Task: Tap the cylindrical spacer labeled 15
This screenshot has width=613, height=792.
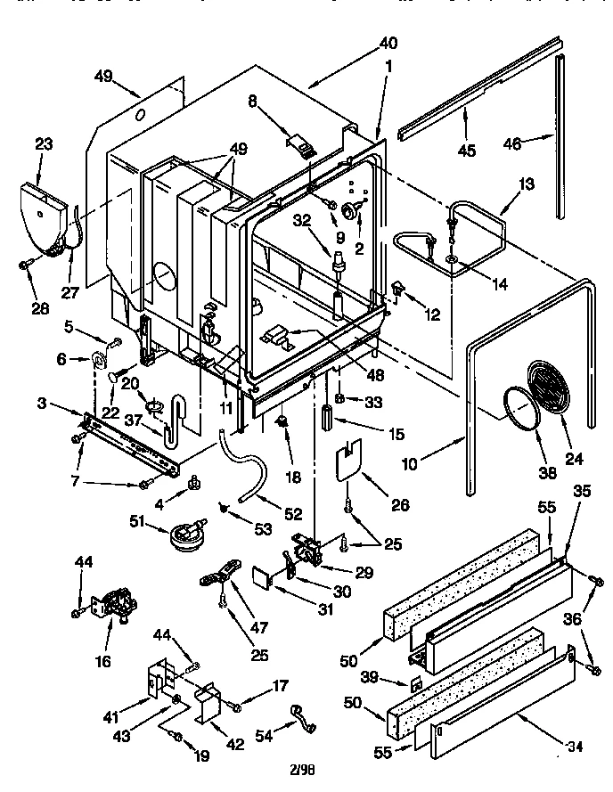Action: pyautogui.click(x=328, y=418)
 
